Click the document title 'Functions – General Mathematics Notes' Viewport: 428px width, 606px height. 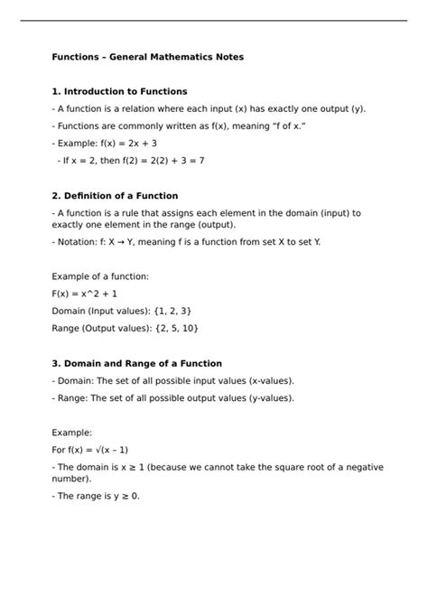tap(147, 57)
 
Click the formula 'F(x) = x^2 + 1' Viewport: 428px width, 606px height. tap(85, 294)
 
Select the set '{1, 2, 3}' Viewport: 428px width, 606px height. tap(168, 311)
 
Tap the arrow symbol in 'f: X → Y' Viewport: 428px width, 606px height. tap(121, 242)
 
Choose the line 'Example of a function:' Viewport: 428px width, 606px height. tap(100, 275)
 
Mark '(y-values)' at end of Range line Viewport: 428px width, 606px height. tap(267, 397)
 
